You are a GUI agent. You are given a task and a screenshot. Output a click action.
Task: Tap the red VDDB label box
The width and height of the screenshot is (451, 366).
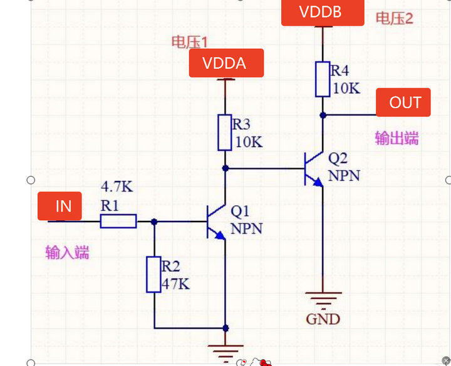[322, 12]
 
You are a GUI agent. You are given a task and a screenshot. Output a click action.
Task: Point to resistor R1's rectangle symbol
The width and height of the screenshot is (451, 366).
[118, 220]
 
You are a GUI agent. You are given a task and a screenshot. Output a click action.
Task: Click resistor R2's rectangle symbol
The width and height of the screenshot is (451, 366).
[154, 274]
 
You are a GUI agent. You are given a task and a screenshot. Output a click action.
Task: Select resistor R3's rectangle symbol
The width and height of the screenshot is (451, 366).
[225, 132]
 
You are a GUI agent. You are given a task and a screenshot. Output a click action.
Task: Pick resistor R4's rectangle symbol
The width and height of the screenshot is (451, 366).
[323, 79]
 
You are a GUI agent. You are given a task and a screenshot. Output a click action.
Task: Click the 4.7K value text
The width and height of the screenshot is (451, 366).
[117, 187]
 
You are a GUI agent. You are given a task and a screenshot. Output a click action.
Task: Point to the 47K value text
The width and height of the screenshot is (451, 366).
[176, 283]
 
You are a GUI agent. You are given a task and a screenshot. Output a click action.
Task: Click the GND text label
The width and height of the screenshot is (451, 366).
[323, 319]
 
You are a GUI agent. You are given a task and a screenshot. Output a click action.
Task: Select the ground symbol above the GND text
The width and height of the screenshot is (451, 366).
[323, 298]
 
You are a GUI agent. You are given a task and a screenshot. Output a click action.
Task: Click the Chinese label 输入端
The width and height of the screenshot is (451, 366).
[67, 252]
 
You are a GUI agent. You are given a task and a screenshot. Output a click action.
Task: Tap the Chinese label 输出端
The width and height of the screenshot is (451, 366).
[397, 138]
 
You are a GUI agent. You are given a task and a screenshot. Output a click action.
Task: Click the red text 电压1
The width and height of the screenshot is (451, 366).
[189, 42]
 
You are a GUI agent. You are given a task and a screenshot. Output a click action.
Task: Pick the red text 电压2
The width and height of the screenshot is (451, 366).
[394, 18]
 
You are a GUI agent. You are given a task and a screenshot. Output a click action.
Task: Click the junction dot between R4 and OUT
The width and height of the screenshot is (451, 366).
[323, 115]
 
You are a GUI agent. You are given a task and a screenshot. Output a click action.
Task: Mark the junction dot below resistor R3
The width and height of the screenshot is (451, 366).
[225, 168]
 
